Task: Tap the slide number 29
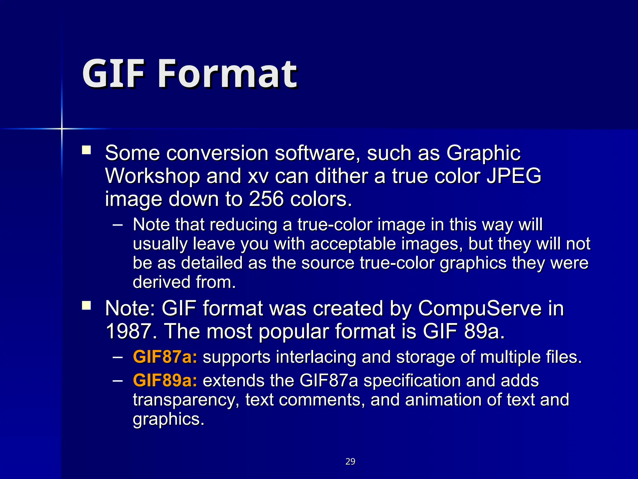coord(350,462)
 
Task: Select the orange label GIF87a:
coord(165,357)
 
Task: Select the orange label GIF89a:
coord(165,380)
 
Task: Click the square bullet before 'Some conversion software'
coord(86,150)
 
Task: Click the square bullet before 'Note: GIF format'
coord(86,305)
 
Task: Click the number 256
coord(266,199)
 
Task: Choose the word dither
coord(341,176)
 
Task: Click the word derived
coord(161,282)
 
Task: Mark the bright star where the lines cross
coord(62,128)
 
